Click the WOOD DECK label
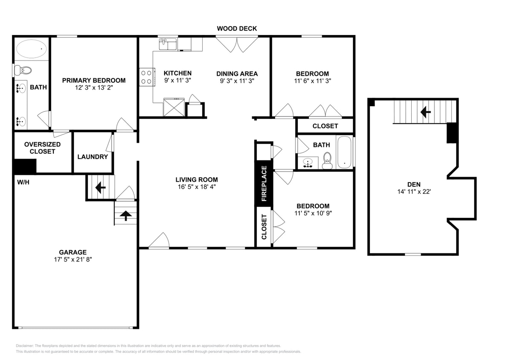[237, 29]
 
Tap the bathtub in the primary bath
[31, 49]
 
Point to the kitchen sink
[168, 44]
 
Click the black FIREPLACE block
[264, 183]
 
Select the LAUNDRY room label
[93, 157]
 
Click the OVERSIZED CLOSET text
[42, 148]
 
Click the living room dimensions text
[196, 187]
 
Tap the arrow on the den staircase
[425, 112]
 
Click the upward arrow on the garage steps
[125, 216]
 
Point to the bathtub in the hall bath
[344, 152]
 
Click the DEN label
[413, 184]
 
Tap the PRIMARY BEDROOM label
[94, 80]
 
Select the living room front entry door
[159, 241]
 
